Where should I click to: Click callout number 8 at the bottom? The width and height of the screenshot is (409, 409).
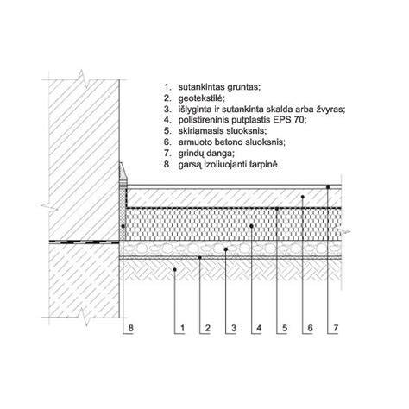click(x=130, y=328)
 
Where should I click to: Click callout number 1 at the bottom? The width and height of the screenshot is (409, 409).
click(x=182, y=328)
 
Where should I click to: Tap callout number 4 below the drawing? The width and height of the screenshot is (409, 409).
click(x=259, y=328)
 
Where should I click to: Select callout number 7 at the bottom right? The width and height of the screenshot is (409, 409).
click(x=336, y=328)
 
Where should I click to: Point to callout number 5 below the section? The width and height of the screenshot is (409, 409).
click(x=285, y=328)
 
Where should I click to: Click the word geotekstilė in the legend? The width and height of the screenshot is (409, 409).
click(x=201, y=98)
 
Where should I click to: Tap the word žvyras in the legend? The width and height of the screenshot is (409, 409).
click(x=330, y=110)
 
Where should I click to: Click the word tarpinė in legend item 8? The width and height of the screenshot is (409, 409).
click(x=265, y=165)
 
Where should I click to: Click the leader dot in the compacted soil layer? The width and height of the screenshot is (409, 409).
click(x=174, y=269)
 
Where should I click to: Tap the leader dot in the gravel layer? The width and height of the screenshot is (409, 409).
click(x=226, y=249)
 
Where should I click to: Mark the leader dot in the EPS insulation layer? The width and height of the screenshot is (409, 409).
click(x=251, y=226)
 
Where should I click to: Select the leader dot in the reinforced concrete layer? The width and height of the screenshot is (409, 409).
click(x=302, y=197)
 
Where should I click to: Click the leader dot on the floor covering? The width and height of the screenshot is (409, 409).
click(x=328, y=187)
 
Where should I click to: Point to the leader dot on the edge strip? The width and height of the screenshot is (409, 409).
click(x=123, y=226)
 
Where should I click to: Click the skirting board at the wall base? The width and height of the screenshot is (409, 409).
click(x=123, y=173)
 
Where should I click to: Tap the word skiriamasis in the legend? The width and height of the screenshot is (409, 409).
click(x=198, y=131)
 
